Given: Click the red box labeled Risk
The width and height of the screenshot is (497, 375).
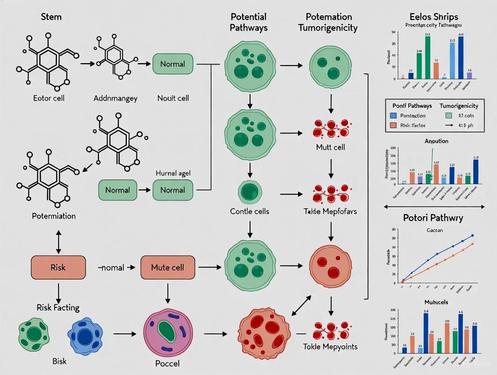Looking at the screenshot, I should (x=58, y=267).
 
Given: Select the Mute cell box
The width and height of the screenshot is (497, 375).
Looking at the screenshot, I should (x=167, y=267).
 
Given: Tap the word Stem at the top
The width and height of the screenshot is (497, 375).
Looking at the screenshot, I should (x=51, y=17).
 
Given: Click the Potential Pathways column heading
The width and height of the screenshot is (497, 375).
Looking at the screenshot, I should (x=248, y=22).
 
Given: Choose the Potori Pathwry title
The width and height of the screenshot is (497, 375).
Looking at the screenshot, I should (x=433, y=218).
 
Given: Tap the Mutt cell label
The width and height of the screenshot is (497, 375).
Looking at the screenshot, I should (x=331, y=146).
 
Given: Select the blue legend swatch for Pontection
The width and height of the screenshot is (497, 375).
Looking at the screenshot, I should (x=393, y=116).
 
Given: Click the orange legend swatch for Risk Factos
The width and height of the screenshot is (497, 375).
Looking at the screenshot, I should (x=393, y=125).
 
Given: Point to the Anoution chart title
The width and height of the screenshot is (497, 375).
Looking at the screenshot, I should (x=436, y=141).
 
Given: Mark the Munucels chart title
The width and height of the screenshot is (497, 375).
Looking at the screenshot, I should (x=436, y=302).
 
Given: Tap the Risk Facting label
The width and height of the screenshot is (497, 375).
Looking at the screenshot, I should (x=58, y=308).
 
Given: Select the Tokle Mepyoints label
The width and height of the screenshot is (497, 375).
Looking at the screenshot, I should (x=331, y=347).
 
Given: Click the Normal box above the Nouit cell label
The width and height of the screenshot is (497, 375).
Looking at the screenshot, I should (x=172, y=64).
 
